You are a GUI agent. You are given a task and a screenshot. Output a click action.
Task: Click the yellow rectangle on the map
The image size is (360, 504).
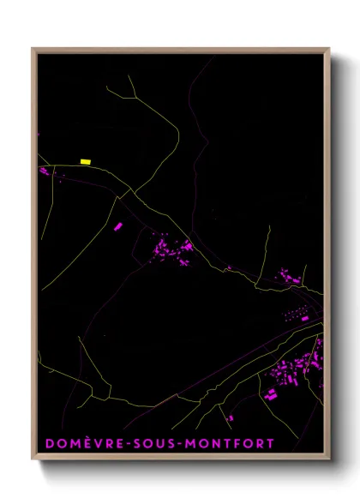pyautogui.click(x=85, y=161)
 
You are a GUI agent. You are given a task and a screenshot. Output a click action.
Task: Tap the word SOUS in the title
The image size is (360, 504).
pyautogui.click(x=146, y=443)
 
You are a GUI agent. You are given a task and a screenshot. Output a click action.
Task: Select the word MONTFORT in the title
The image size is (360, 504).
pyautogui.click(x=224, y=443)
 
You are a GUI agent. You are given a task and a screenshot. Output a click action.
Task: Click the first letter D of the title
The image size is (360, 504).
pyautogui.click(x=49, y=443)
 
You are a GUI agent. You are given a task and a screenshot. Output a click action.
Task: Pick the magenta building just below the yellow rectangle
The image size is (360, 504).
pyautogui.click(x=45, y=171)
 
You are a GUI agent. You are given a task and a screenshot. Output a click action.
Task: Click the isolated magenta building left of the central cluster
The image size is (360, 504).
pyautogui.click(x=119, y=225)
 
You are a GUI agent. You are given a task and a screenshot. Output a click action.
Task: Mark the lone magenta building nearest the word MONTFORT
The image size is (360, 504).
pyautogui.click(x=231, y=418)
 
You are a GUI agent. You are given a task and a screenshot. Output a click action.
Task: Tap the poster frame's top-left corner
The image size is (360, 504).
pyautogui.click(x=33, y=49)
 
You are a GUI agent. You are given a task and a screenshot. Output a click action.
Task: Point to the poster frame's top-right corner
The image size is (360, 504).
pyautogui.click(x=329, y=49)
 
